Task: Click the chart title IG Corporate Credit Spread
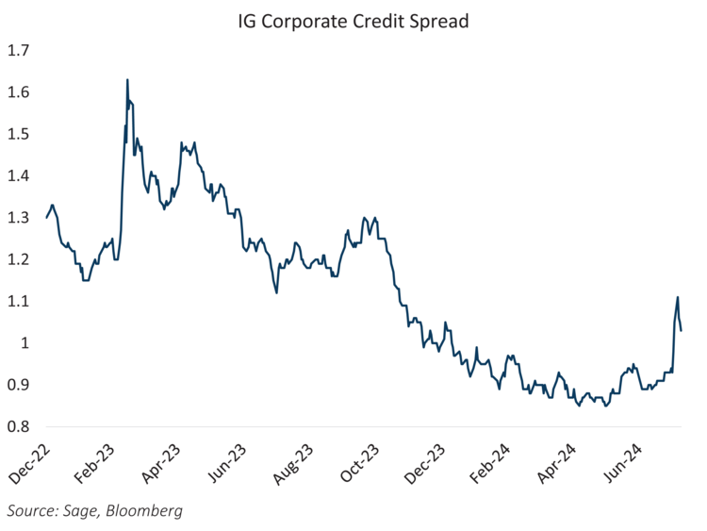pyautogui.click(x=353, y=20)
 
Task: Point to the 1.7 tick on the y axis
pyautogui.click(x=20, y=50)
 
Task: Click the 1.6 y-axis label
pyautogui.click(x=20, y=92)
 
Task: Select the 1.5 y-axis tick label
pyautogui.click(x=20, y=134)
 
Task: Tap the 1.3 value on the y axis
pyautogui.click(x=20, y=218)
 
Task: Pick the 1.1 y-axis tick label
pyautogui.click(x=20, y=301)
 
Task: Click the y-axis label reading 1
pyautogui.click(x=27, y=343)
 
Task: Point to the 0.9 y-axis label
pyautogui.click(x=20, y=385)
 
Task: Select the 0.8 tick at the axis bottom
pyautogui.click(x=20, y=426)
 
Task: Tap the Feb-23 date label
pyautogui.click(x=99, y=462)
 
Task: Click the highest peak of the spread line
pyautogui.click(x=127, y=80)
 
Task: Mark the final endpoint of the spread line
pyautogui.click(x=681, y=329)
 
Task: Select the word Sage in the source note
pyautogui.click(x=77, y=511)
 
